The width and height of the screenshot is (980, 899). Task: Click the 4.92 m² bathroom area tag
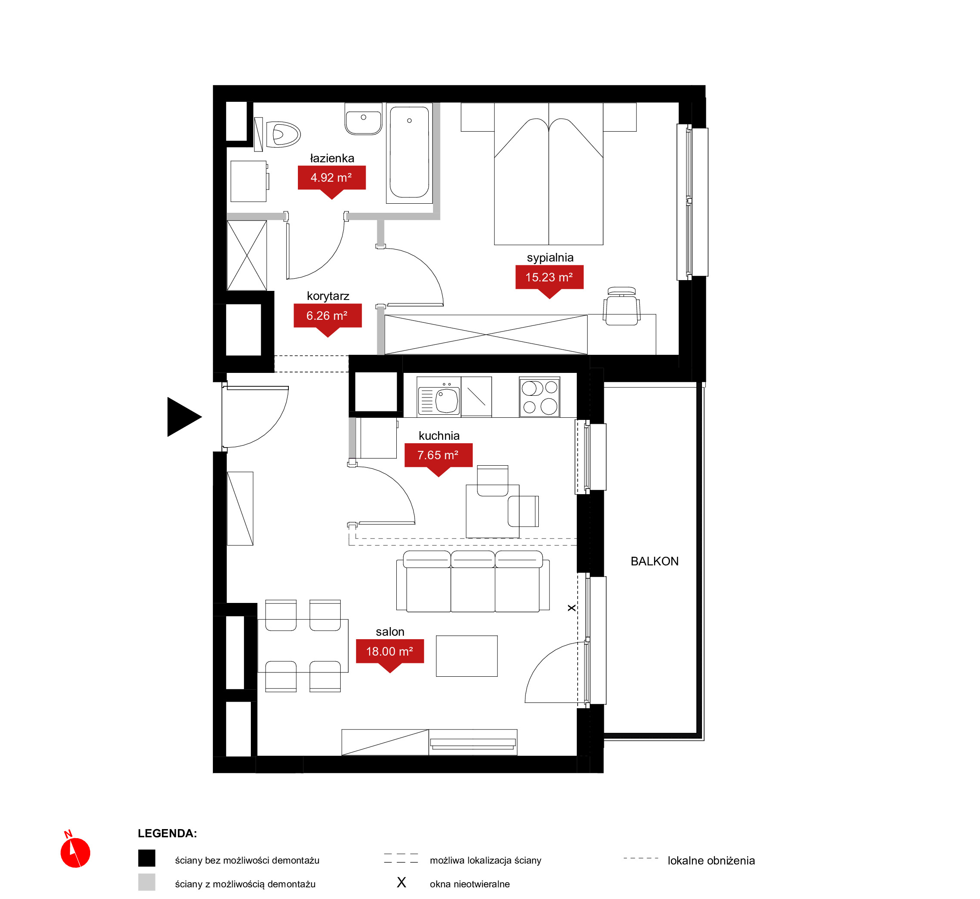click(x=332, y=178)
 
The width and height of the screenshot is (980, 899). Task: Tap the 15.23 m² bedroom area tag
click(x=550, y=278)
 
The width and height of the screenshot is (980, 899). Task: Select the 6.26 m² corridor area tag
click(x=328, y=316)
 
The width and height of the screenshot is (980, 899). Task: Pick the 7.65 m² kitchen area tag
click(x=439, y=455)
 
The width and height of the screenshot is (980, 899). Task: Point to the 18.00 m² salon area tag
click(x=390, y=651)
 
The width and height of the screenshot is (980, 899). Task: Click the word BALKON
click(x=654, y=561)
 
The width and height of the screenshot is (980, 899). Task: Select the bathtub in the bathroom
click(x=409, y=153)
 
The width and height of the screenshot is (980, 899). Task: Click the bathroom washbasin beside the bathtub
click(x=364, y=119)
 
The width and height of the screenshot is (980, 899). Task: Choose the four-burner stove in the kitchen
click(x=540, y=397)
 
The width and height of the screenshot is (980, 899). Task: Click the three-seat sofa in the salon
click(x=473, y=582)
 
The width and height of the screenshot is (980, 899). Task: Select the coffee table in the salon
click(x=467, y=656)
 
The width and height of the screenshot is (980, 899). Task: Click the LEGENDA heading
click(x=168, y=833)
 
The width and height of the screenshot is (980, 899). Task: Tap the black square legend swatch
click(x=146, y=858)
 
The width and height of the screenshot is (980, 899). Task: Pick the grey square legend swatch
click(x=146, y=882)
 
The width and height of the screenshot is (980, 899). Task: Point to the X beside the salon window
click(x=572, y=608)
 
